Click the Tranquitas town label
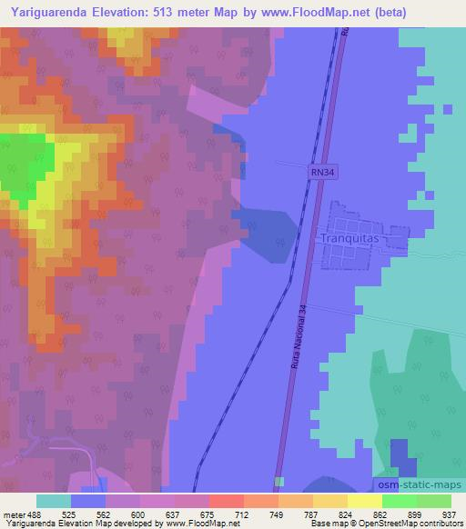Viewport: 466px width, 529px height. tap(349, 238)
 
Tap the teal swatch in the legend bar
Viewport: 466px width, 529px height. tap(54, 501)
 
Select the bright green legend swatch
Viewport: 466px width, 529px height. tap(399, 501)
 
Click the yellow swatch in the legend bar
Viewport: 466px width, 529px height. tap(364, 501)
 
